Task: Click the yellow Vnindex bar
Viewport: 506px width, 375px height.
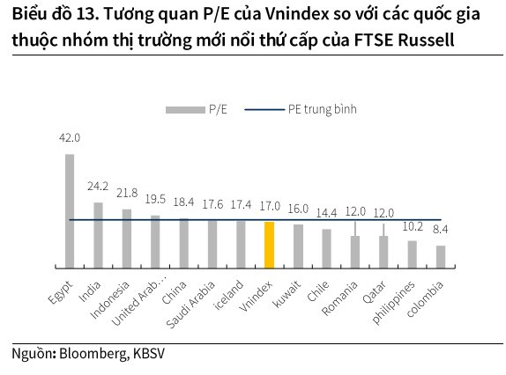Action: click(x=269, y=245)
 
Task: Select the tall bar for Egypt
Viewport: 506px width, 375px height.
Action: click(x=70, y=211)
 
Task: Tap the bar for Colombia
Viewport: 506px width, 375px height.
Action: click(x=441, y=257)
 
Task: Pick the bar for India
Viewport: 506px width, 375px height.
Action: click(x=98, y=235)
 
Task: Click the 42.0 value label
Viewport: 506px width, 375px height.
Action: click(x=70, y=138)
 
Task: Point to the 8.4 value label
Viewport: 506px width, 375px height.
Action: click(x=440, y=230)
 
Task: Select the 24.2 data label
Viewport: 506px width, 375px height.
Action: click(x=98, y=187)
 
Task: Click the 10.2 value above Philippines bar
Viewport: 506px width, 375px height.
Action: click(x=413, y=226)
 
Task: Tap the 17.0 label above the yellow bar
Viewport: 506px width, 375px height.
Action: click(x=270, y=206)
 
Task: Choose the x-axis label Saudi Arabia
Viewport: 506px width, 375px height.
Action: click(x=190, y=305)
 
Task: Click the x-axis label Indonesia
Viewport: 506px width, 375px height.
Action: click(x=109, y=299)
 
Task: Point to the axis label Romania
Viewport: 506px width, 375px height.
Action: click(x=339, y=298)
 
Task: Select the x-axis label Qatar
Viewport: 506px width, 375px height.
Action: click(x=374, y=292)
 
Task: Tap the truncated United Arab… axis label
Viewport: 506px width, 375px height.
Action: click(x=139, y=299)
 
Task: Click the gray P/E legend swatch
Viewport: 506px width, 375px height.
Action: click(x=185, y=110)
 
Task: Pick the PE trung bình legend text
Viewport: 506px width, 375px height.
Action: click(x=323, y=109)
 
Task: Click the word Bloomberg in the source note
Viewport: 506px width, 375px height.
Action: click(x=93, y=353)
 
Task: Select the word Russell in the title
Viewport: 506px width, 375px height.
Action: click(x=427, y=40)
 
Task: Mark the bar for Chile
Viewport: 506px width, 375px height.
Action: click(x=326, y=248)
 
